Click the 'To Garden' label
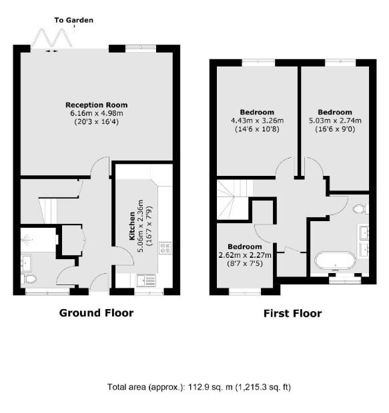pyautogui.click(x=73, y=20)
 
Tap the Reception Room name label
pyautogui.click(x=97, y=105)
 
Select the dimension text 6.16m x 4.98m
pyautogui.click(x=97, y=113)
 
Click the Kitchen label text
pyautogui.click(x=132, y=226)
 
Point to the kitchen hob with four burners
pyautogui.click(x=165, y=248)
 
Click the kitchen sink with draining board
pyautogui.click(x=146, y=280)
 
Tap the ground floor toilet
pyautogui.click(x=29, y=279)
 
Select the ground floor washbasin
pyautogui.click(x=27, y=262)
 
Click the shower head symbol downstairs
pyautogui.click(x=27, y=239)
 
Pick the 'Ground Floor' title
pyautogui.click(x=96, y=313)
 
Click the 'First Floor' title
pyautogui.click(x=293, y=314)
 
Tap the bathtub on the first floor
pyautogui.click(x=335, y=260)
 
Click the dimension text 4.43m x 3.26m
pyautogui.click(x=258, y=121)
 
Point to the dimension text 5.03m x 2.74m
pyautogui.click(x=335, y=121)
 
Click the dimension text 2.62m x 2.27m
pyautogui.click(x=245, y=255)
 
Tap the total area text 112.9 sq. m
pyautogui.click(x=210, y=387)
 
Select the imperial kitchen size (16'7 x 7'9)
pyautogui.click(x=149, y=226)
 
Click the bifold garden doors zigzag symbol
pyautogui.click(x=52, y=38)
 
